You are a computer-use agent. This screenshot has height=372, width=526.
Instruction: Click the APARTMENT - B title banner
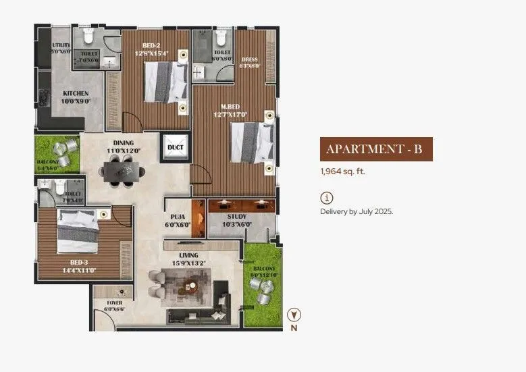coord(375,149)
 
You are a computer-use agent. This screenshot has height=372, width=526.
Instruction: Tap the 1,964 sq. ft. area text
coord(342,171)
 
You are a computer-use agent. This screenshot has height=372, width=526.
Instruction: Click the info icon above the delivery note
coord(326,198)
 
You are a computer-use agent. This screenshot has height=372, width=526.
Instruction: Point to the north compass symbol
coord(294,315)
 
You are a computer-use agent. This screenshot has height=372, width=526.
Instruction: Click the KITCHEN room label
coord(76,93)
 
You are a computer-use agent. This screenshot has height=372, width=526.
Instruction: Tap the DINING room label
coord(123,142)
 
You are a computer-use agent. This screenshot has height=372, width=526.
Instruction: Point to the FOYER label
coord(115,303)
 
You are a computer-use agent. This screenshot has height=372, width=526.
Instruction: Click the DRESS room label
coord(250,59)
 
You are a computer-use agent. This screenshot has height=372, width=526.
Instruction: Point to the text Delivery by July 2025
coord(356,211)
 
